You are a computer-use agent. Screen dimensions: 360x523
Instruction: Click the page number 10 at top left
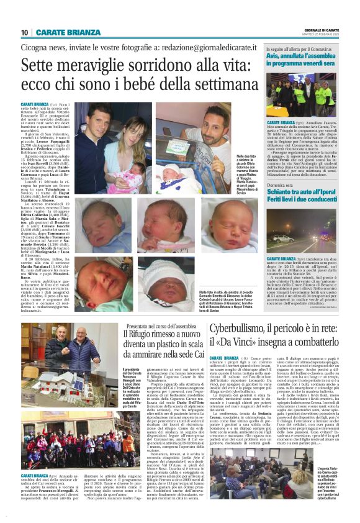tap(24, 32)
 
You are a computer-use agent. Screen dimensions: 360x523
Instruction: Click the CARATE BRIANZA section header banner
tap(68, 32)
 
